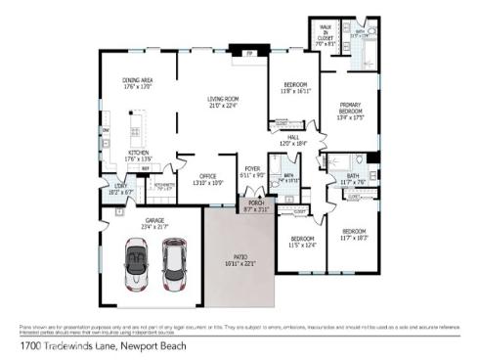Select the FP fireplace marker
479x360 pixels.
point(249,53)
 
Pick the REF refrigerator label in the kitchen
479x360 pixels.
point(146,168)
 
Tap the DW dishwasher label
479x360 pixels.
point(106,129)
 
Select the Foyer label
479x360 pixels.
point(252,170)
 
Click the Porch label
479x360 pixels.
point(254,204)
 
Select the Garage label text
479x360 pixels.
point(155,223)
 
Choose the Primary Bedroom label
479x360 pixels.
point(351,111)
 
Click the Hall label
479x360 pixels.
point(294,139)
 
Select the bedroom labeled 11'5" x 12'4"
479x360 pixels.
point(302,242)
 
